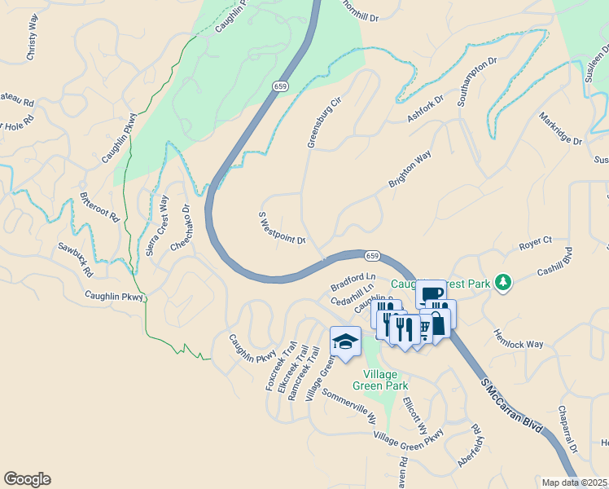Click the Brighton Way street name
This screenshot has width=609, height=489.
[410, 170]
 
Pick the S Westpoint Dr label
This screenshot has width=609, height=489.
[281, 228]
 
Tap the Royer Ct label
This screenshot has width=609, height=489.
[536, 243]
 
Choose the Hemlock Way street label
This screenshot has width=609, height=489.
[518, 340]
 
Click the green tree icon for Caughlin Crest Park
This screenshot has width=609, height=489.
[504, 282]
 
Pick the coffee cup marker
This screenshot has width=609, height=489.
[431, 293]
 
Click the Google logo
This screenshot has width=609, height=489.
[27, 479]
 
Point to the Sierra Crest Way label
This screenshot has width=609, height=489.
[157, 226]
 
